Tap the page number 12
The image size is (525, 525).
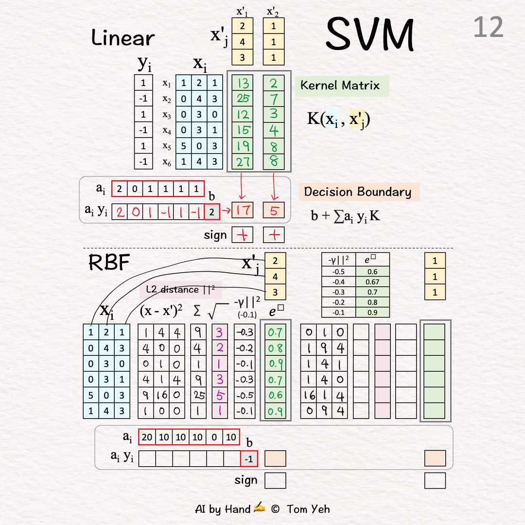click(488, 27)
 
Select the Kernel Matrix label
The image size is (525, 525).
click(340, 86)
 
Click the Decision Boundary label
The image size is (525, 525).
click(358, 192)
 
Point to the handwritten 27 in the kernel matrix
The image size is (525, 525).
click(243, 161)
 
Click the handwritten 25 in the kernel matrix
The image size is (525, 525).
click(243, 99)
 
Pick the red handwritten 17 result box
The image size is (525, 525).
click(243, 210)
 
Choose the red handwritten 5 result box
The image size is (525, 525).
click(273, 210)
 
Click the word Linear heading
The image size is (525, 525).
click(123, 38)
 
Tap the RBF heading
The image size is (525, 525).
click(109, 263)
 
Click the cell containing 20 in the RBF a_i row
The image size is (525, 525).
click(147, 437)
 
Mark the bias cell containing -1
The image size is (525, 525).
click(249, 459)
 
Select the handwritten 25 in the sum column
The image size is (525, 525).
click(198, 395)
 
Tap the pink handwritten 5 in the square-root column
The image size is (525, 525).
click(220, 395)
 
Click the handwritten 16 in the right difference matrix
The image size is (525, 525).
click(310, 395)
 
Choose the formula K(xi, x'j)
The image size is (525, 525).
click(338, 119)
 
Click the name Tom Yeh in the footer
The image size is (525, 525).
click(308, 509)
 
